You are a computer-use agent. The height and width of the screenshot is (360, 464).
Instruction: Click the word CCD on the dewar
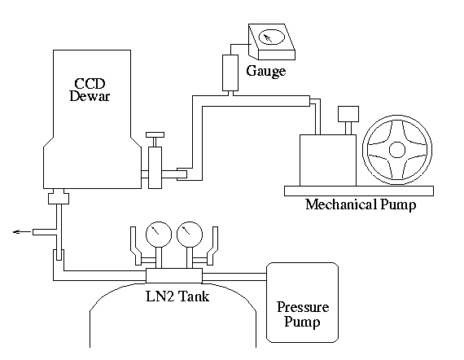(x=90, y=84)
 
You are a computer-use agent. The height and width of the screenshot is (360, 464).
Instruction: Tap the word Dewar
(x=90, y=96)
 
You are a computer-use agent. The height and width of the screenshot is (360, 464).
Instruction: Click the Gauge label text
(x=266, y=72)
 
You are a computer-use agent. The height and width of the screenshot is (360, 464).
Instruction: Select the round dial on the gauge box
(x=271, y=37)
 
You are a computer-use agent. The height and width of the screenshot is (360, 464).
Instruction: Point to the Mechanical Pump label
(x=361, y=205)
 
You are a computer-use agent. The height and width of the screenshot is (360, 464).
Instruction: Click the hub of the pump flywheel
(x=396, y=150)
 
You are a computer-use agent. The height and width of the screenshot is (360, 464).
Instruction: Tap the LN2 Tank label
(x=177, y=296)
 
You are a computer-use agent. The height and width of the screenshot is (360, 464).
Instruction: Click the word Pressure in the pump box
(x=303, y=307)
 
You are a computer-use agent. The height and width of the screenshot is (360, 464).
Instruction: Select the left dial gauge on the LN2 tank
(x=159, y=235)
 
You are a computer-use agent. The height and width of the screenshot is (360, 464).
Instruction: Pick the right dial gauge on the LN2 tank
(x=190, y=235)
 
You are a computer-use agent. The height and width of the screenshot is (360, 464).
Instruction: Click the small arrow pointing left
(x=22, y=232)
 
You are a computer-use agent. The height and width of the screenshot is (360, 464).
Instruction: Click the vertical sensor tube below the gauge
(x=230, y=72)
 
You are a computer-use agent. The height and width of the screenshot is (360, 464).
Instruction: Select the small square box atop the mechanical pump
(x=348, y=114)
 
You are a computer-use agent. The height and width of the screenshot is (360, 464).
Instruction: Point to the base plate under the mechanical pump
(x=359, y=191)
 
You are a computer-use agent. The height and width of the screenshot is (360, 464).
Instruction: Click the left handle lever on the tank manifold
(x=136, y=246)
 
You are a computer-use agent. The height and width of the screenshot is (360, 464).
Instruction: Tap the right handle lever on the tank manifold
(x=212, y=246)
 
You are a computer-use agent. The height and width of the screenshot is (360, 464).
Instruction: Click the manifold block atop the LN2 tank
(x=174, y=275)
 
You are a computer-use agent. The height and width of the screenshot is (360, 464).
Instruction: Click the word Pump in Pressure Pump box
(x=302, y=322)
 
